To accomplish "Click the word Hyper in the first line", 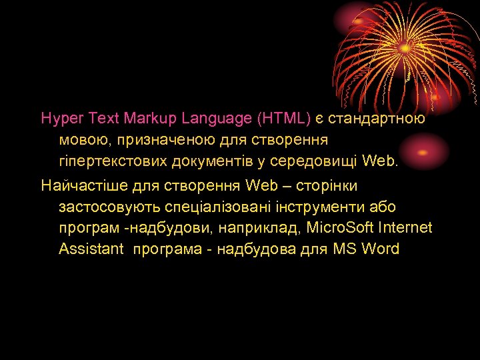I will [59, 119].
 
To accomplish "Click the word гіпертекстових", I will [111, 162].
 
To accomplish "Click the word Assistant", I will [91, 249].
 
